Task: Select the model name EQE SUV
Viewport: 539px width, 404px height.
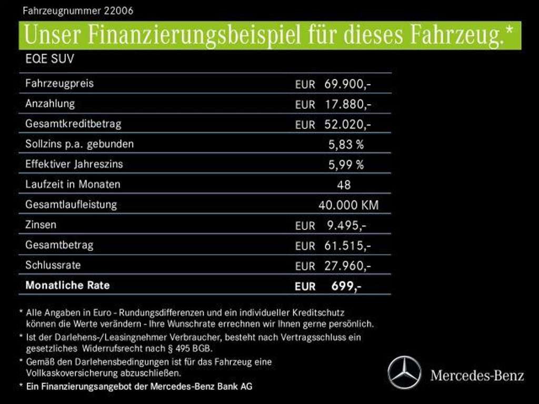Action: pyautogui.click(x=49, y=59)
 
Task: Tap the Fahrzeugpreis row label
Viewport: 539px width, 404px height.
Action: pyautogui.click(x=59, y=83)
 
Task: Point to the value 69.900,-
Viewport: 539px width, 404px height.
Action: pyautogui.click(x=348, y=84)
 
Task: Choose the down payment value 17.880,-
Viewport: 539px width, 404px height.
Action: pyautogui.click(x=348, y=104)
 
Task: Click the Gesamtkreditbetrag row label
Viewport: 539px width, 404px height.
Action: pyautogui.click(x=73, y=124)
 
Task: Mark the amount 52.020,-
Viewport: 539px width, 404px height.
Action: pyautogui.click(x=348, y=125)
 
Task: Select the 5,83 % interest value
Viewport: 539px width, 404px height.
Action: pyautogui.click(x=346, y=144)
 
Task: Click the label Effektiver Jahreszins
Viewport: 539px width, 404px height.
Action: pyautogui.click(x=74, y=164)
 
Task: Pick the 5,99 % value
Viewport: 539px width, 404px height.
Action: pyautogui.click(x=346, y=165)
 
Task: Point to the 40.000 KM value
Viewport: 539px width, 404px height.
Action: pyautogui.click(x=348, y=205)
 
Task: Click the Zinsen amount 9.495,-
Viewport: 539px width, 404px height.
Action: pyautogui.click(x=346, y=226)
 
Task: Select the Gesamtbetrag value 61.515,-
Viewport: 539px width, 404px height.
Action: pyautogui.click(x=348, y=246)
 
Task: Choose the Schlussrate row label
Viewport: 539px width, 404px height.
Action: pyautogui.click(x=53, y=265)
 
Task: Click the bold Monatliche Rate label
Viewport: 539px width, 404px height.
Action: pyautogui.click(x=67, y=286)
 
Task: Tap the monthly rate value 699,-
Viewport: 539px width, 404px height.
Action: pyautogui.click(x=346, y=286)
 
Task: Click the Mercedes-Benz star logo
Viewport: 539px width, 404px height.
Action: pyautogui.click(x=404, y=372)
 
